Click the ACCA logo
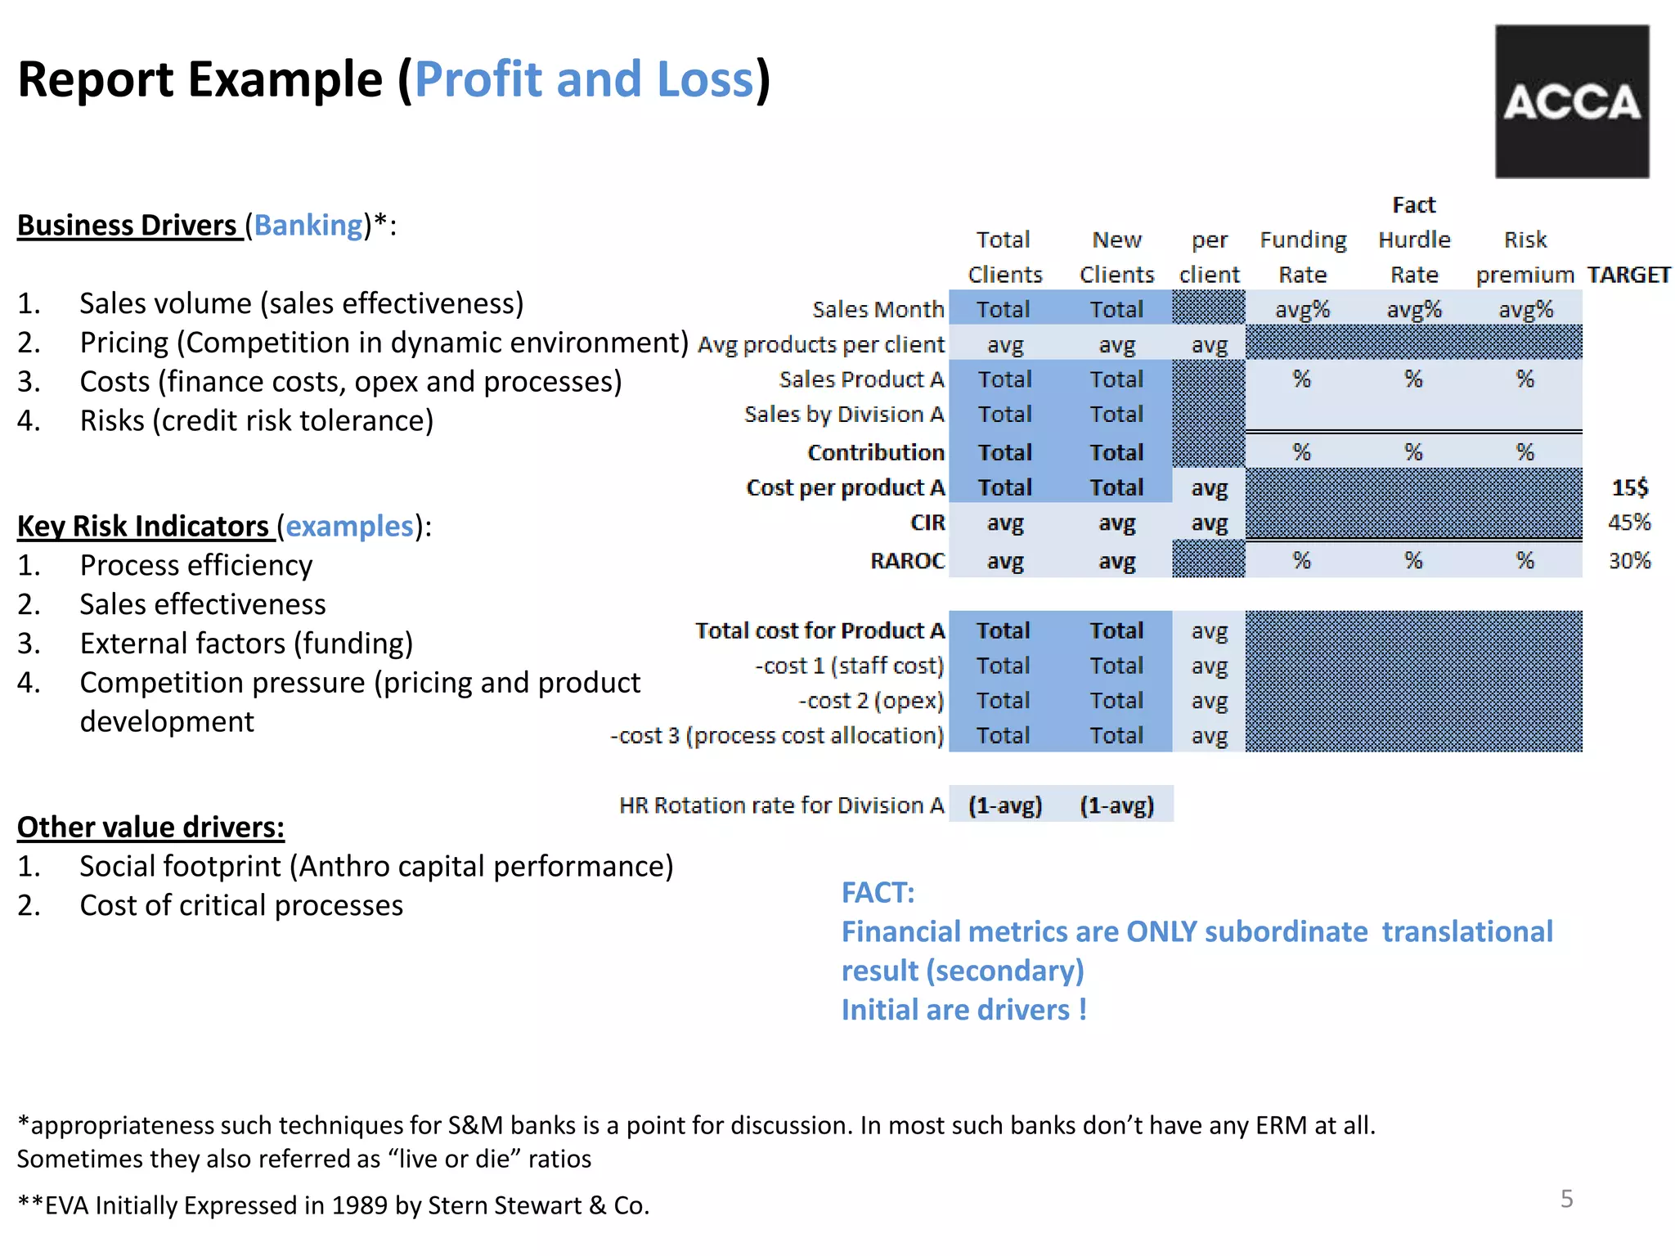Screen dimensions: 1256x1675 [1571, 101]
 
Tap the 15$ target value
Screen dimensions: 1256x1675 [1629, 488]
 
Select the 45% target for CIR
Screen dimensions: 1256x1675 [1629, 523]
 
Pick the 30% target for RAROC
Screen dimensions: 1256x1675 [1629, 561]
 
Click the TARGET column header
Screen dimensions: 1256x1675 [1628, 275]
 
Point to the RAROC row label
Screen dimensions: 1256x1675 [907, 561]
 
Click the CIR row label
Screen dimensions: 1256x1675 [927, 523]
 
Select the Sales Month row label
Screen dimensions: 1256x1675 [878, 310]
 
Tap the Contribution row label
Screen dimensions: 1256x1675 [875, 452]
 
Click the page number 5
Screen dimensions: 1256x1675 [1566, 1199]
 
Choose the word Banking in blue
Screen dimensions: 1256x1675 [308, 225]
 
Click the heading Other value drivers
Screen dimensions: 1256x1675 [150, 827]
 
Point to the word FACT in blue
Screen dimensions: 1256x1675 [877, 892]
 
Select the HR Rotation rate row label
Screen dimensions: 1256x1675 [781, 805]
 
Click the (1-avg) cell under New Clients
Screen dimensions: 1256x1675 [1116, 805]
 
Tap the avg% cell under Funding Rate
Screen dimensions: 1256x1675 [1302, 310]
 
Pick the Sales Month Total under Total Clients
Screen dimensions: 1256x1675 [1004, 310]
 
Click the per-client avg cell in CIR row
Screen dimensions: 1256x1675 [1209, 523]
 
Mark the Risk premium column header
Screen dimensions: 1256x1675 [1525, 258]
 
